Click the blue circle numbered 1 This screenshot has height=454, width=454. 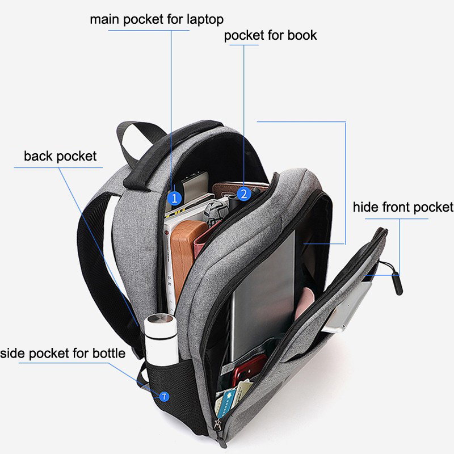pos(174,198)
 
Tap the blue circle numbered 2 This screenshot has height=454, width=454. pos(244,194)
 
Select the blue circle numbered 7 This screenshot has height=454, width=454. pos(164,396)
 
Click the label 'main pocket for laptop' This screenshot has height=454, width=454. pos(157,20)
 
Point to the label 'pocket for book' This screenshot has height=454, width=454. pos(271,35)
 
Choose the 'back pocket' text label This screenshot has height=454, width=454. pos(60,157)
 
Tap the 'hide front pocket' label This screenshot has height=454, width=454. pos(403,207)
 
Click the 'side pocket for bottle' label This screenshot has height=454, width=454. pos(62,353)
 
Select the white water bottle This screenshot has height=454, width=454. pos(161,340)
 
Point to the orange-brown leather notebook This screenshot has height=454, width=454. pos(185,255)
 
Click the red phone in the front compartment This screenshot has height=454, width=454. pos(250,368)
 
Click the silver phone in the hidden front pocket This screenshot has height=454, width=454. pos(347,307)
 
